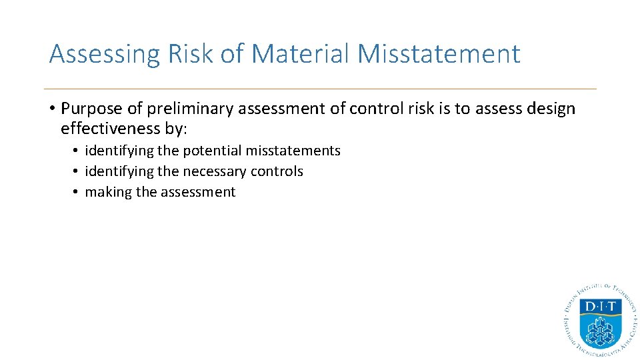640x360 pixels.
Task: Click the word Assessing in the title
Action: [x=105, y=54]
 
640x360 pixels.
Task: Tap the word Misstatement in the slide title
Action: [x=439, y=54]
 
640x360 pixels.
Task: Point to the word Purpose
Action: [x=90, y=109]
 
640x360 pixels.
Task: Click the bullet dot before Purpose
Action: [x=52, y=109]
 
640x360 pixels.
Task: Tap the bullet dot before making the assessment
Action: [x=77, y=192]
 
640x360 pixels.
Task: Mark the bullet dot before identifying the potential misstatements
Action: [x=77, y=151]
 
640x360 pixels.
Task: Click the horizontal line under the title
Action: [x=320, y=89]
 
